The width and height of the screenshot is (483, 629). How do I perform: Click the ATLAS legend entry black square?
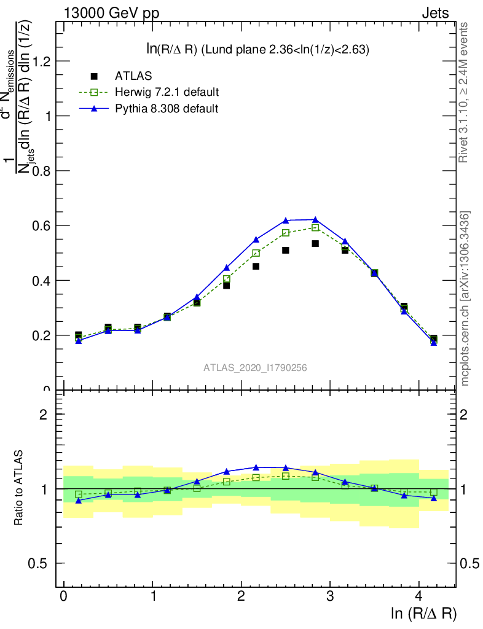(x=94, y=76)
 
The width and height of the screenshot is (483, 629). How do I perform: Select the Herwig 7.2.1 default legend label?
(x=167, y=92)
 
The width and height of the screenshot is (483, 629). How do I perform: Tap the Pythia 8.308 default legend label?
(x=167, y=109)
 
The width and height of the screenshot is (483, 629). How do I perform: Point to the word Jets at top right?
(x=435, y=13)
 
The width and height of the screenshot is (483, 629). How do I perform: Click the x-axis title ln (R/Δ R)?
(x=423, y=612)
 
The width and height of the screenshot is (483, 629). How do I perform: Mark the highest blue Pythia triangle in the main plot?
(x=315, y=219)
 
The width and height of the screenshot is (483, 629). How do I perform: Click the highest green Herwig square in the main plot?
(x=315, y=227)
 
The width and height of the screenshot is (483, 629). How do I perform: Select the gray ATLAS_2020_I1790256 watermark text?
(x=256, y=367)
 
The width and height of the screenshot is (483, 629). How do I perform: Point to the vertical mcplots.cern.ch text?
(x=465, y=299)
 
